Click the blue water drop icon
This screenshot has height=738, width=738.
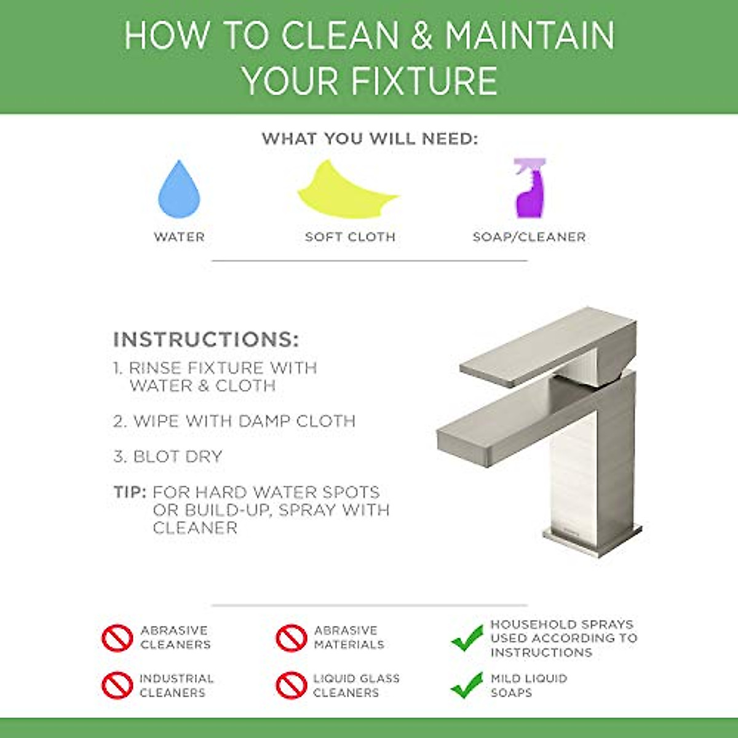click(x=179, y=191)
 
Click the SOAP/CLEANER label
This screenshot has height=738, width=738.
click(x=529, y=237)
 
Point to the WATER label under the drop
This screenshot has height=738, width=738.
click(x=179, y=237)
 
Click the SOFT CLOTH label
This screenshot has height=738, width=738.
click(x=350, y=237)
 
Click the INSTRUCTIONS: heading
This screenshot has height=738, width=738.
click(x=206, y=339)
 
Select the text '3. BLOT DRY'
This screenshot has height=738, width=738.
click(x=168, y=456)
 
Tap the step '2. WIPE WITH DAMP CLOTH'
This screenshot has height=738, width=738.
click(x=234, y=421)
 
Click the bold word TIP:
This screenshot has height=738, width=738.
click(x=130, y=493)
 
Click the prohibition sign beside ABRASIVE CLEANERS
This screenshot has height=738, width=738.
click(x=117, y=638)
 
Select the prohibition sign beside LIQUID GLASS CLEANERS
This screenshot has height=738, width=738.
click(x=291, y=685)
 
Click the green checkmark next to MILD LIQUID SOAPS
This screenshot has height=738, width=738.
click(x=467, y=685)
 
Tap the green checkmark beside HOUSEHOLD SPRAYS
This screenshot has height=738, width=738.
click(x=467, y=638)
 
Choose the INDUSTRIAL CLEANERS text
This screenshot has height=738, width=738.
click(x=177, y=685)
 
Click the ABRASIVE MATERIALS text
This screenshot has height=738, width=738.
click(x=349, y=638)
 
